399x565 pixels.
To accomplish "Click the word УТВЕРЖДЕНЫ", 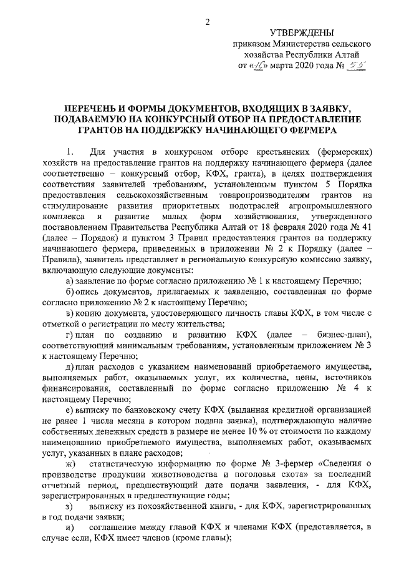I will coord(301,32).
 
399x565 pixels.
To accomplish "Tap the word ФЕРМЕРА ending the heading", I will coord(308,130).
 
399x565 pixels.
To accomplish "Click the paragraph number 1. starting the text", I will coord(70,152).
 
